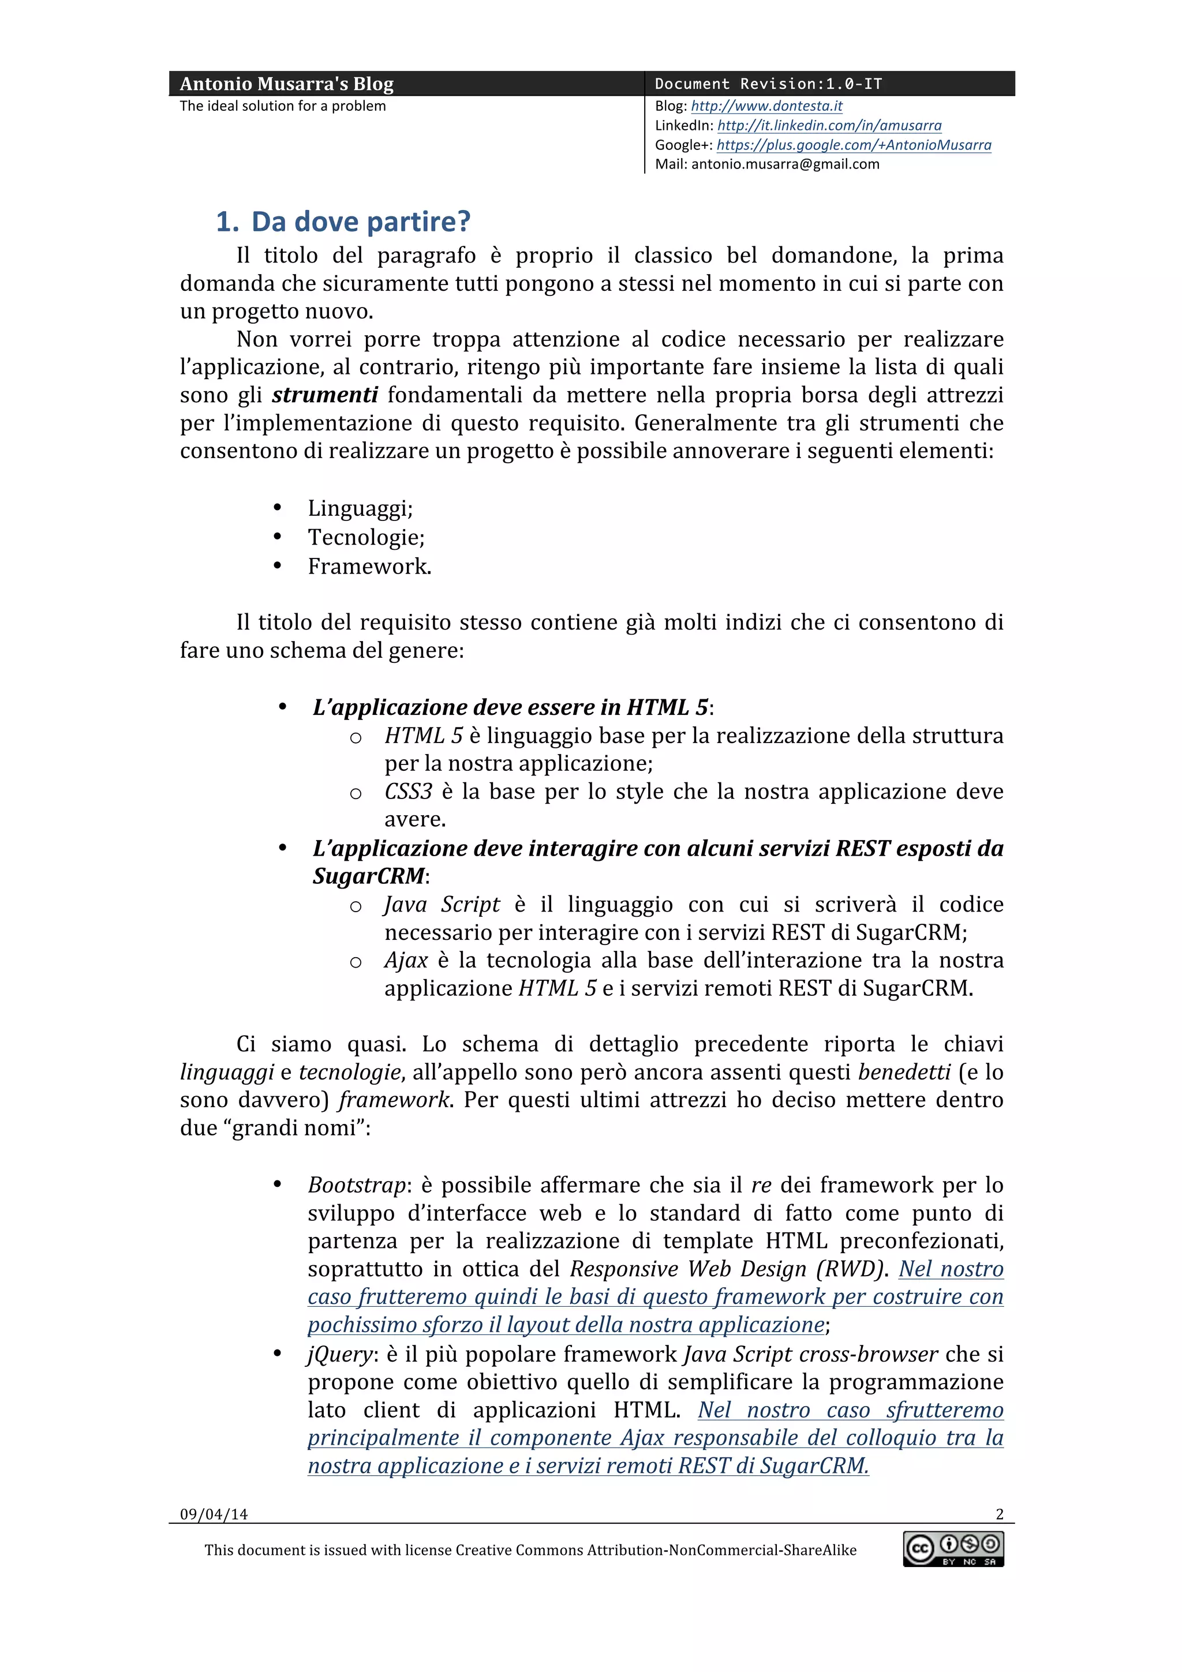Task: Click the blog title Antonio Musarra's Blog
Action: click(x=286, y=84)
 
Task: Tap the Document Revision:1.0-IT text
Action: click(x=768, y=84)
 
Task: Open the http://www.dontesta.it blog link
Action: click(x=766, y=106)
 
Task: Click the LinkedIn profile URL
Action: click(x=829, y=125)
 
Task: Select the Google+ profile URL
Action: click(x=854, y=145)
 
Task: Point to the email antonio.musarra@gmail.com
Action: click(x=785, y=164)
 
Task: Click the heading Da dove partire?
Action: click(x=361, y=222)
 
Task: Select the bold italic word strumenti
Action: click(x=325, y=395)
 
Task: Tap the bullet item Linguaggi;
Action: click(x=360, y=508)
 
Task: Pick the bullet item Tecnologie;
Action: click(x=365, y=538)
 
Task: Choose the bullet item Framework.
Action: click(x=369, y=567)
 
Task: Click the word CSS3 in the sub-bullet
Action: click(x=408, y=792)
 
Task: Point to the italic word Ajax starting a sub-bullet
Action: click(x=406, y=961)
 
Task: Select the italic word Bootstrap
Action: click(x=356, y=1185)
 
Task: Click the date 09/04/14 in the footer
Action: click(x=214, y=1514)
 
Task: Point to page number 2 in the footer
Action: click(x=999, y=1514)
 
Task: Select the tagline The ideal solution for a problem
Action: click(x=283, y=106)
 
